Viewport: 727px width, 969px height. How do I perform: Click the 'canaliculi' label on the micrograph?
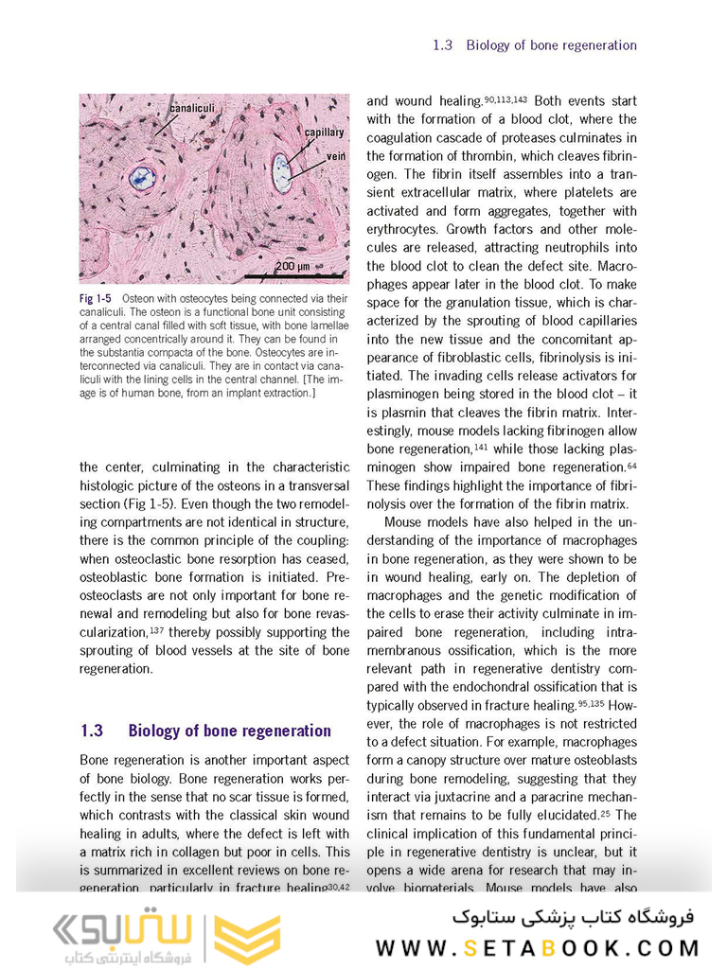(x=193, y=109)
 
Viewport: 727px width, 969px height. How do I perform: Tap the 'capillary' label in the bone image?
(x=324, y=132)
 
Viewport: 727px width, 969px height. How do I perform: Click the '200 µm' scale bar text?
(x=293, y=266)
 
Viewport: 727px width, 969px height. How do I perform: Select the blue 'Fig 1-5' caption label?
(x=95, y=299)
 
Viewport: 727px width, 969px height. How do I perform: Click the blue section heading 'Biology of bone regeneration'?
(x=229, y=731)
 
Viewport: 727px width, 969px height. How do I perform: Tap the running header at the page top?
(x=534, y=44)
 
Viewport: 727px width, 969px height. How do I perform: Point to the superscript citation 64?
(x=631, y=464)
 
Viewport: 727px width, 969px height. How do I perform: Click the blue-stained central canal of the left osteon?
(x=142, y=176)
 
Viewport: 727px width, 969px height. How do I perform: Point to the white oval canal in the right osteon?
(x=281, y=173)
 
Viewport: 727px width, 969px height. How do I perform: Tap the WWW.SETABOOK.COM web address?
(x=538, y=947)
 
